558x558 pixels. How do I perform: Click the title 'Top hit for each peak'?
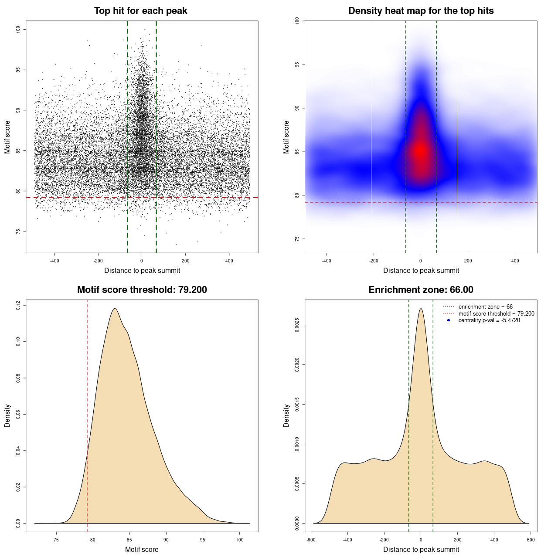click(140, 11)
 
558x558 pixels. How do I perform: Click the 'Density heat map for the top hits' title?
click(421, 11)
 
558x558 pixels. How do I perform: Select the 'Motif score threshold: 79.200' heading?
click(142, 290)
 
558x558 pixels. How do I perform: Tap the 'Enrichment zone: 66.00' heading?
click(421, 290)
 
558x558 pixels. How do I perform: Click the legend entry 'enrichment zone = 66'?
click(485, 307)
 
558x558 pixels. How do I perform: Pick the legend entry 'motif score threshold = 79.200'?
click(496, 313)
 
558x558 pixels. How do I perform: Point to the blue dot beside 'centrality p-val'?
click(449, 320)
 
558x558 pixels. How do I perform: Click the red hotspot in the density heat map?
click(420, 150)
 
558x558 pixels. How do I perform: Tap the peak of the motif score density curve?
click(115, 309)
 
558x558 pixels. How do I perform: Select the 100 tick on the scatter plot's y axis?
click(18, 29)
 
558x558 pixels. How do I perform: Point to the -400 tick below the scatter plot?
click(54, 261)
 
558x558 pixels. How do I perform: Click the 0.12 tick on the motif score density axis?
click(18, 305)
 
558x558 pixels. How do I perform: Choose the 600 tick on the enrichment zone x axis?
click(531, 540)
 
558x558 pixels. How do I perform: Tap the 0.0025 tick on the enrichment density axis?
click(297, 325)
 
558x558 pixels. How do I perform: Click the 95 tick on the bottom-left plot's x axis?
click(202, 540)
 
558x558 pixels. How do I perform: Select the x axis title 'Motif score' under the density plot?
click(142, 549)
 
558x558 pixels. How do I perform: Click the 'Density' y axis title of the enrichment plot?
click(286, 415)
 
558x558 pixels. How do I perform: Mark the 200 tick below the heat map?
click(468, 261)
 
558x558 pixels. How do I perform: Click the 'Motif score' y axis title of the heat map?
click(286, 137)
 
